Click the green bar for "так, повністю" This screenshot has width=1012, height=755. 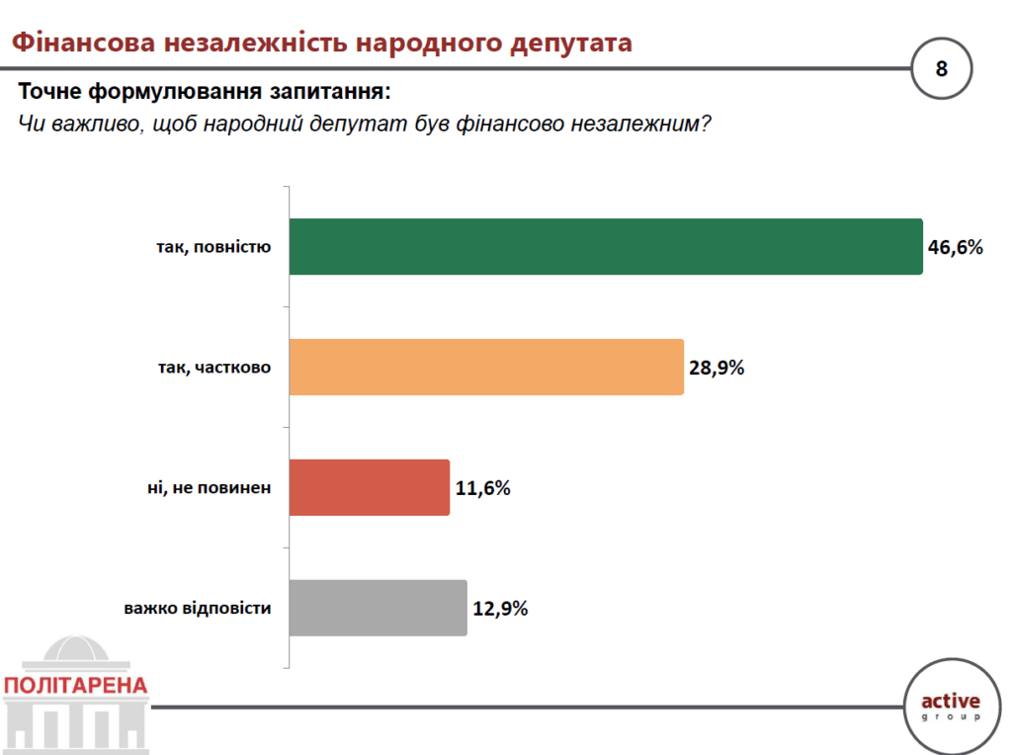click(x=605, y=246)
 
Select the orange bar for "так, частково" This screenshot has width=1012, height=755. click(x=485, y=367)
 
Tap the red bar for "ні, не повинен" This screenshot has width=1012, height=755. click(x=369, y=487)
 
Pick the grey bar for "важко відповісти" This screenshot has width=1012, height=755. click(x=378, y=608)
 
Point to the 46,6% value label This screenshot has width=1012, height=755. click(x=955, y=247)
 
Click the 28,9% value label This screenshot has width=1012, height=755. click(x=717, y=368)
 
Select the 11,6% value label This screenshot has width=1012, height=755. click(x=482, y=488)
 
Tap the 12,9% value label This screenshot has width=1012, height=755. click(x=500, y=609)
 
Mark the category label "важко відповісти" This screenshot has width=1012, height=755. click(x=198, y=608)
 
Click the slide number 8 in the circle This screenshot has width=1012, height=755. click(x=942, y=68)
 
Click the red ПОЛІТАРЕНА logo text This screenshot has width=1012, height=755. click(x=75, y=686)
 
